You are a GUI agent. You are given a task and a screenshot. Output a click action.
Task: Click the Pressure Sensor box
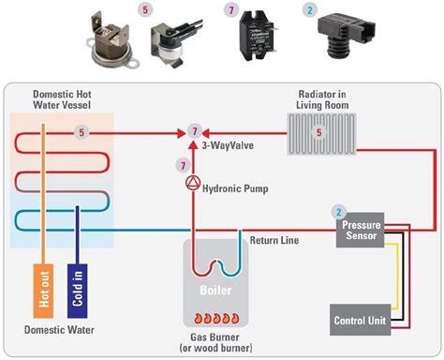(x=361, y=231)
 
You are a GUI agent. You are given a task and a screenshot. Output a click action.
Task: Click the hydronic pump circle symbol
(x=193, y=181)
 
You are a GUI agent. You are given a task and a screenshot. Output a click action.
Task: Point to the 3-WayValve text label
(x=229, y=145)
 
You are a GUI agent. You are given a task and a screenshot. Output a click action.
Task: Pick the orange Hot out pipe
(x=45, y=291)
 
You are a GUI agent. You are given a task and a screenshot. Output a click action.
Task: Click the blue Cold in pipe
(x=77, y=291)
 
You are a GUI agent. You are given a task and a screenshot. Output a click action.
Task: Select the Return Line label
(x=274, y=241)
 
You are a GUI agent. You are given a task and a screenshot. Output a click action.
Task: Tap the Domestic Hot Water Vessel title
(x=62, y=99)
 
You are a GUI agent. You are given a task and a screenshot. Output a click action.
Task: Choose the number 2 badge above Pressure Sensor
(x=340, y=212)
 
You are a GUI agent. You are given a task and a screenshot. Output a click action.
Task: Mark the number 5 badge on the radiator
(x=318, y=132)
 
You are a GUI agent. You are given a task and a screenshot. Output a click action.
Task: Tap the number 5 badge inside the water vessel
(x=81, y=132)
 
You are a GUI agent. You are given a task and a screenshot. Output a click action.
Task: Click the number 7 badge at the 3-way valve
(x=194, y=129)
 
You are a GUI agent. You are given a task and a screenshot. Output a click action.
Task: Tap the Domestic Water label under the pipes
(x=62, y=331)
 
